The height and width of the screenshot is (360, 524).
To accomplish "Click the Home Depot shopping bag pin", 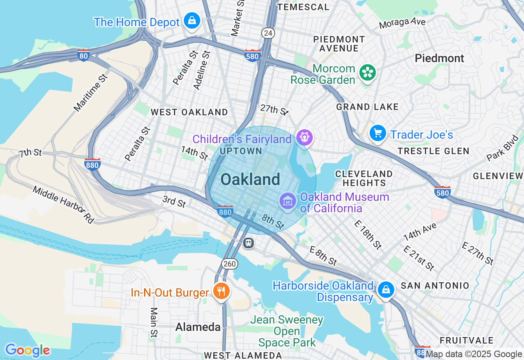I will (x=192, y=20).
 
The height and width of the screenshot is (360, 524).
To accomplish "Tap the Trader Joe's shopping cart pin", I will (x=377, y=133).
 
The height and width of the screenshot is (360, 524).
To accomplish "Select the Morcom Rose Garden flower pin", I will (x=368, y=73).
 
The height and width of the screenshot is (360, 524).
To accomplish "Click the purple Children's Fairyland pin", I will (x=304, y=137).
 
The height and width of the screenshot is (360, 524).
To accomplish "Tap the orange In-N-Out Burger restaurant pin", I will (x=221, y=291).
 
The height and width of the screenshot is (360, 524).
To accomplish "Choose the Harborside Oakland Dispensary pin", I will (x=385, y=290).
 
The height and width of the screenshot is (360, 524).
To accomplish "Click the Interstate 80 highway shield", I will (x=84, y=55).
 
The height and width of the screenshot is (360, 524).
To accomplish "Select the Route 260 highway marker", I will (x=230, y=264).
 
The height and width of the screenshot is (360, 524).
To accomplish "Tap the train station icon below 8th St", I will (x=248, y=243).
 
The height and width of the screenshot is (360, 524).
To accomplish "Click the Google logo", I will (x=27, y=351).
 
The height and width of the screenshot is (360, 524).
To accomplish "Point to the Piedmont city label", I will (x=439, y=58).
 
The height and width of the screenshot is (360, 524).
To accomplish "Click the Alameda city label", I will (x=198, y=327).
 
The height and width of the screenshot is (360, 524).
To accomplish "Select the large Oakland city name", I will (x=250, y=180).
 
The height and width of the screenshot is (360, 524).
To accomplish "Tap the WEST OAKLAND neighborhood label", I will (x=189, y=112).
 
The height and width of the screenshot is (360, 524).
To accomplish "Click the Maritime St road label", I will (x=91, y=93).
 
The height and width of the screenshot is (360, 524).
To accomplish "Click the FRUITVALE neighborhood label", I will (x=467, y=340).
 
